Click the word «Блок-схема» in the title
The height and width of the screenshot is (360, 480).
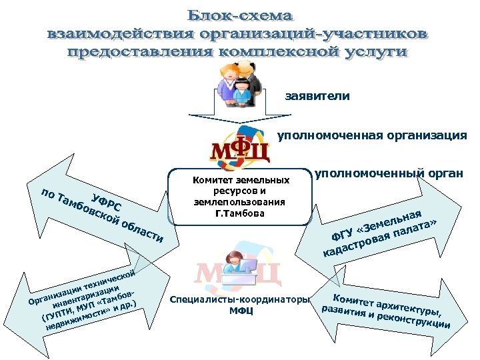coord(240,14)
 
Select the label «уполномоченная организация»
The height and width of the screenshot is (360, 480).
coord(372,136)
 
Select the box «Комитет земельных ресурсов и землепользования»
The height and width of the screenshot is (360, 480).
coord(240,197)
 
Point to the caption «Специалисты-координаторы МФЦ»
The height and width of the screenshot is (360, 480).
coord(240,305)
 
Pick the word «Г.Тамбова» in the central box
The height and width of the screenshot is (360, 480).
coord(240,214)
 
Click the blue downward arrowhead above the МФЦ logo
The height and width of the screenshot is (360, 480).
coord(240,128)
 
